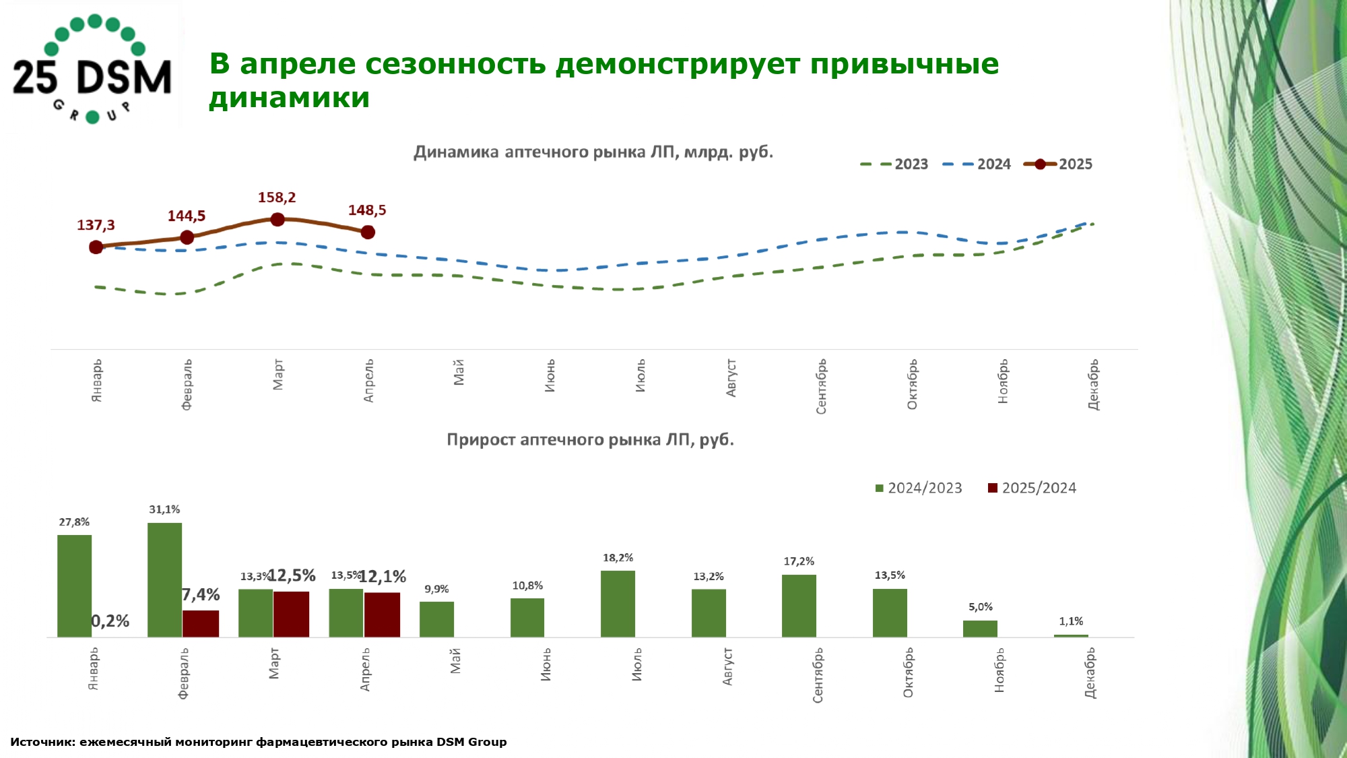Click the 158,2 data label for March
click(276, 197)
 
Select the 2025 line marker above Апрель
click(368, 232)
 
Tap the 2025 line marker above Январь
click(96, 247)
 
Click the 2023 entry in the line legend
click(895, 164)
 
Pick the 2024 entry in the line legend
click(977, 164)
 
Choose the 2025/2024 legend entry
click(1032, 488)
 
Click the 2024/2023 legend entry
click(919, 488)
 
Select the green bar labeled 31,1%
click(164, 579)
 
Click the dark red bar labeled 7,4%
click(201, 623)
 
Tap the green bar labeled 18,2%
click(618, 604)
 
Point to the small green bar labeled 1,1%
click(1071, 635)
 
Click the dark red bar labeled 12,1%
click(382, 614)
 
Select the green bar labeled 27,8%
click(74, 586)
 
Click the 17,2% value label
click(799, 561)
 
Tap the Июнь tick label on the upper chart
click(550, 376)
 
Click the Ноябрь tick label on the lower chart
click(999, 670)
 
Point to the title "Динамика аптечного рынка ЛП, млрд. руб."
click(593, 152)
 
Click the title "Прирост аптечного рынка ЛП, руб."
click(590, 440)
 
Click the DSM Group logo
click(92, 68)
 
